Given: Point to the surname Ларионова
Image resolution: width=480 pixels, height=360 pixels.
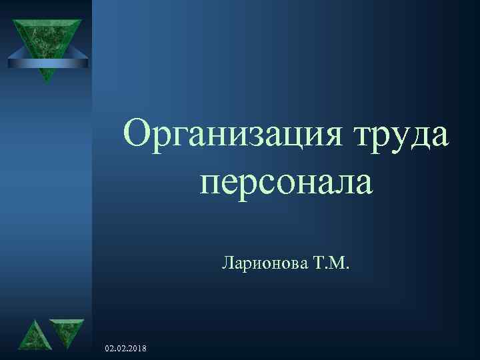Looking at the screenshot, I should (x=263, y=267).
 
